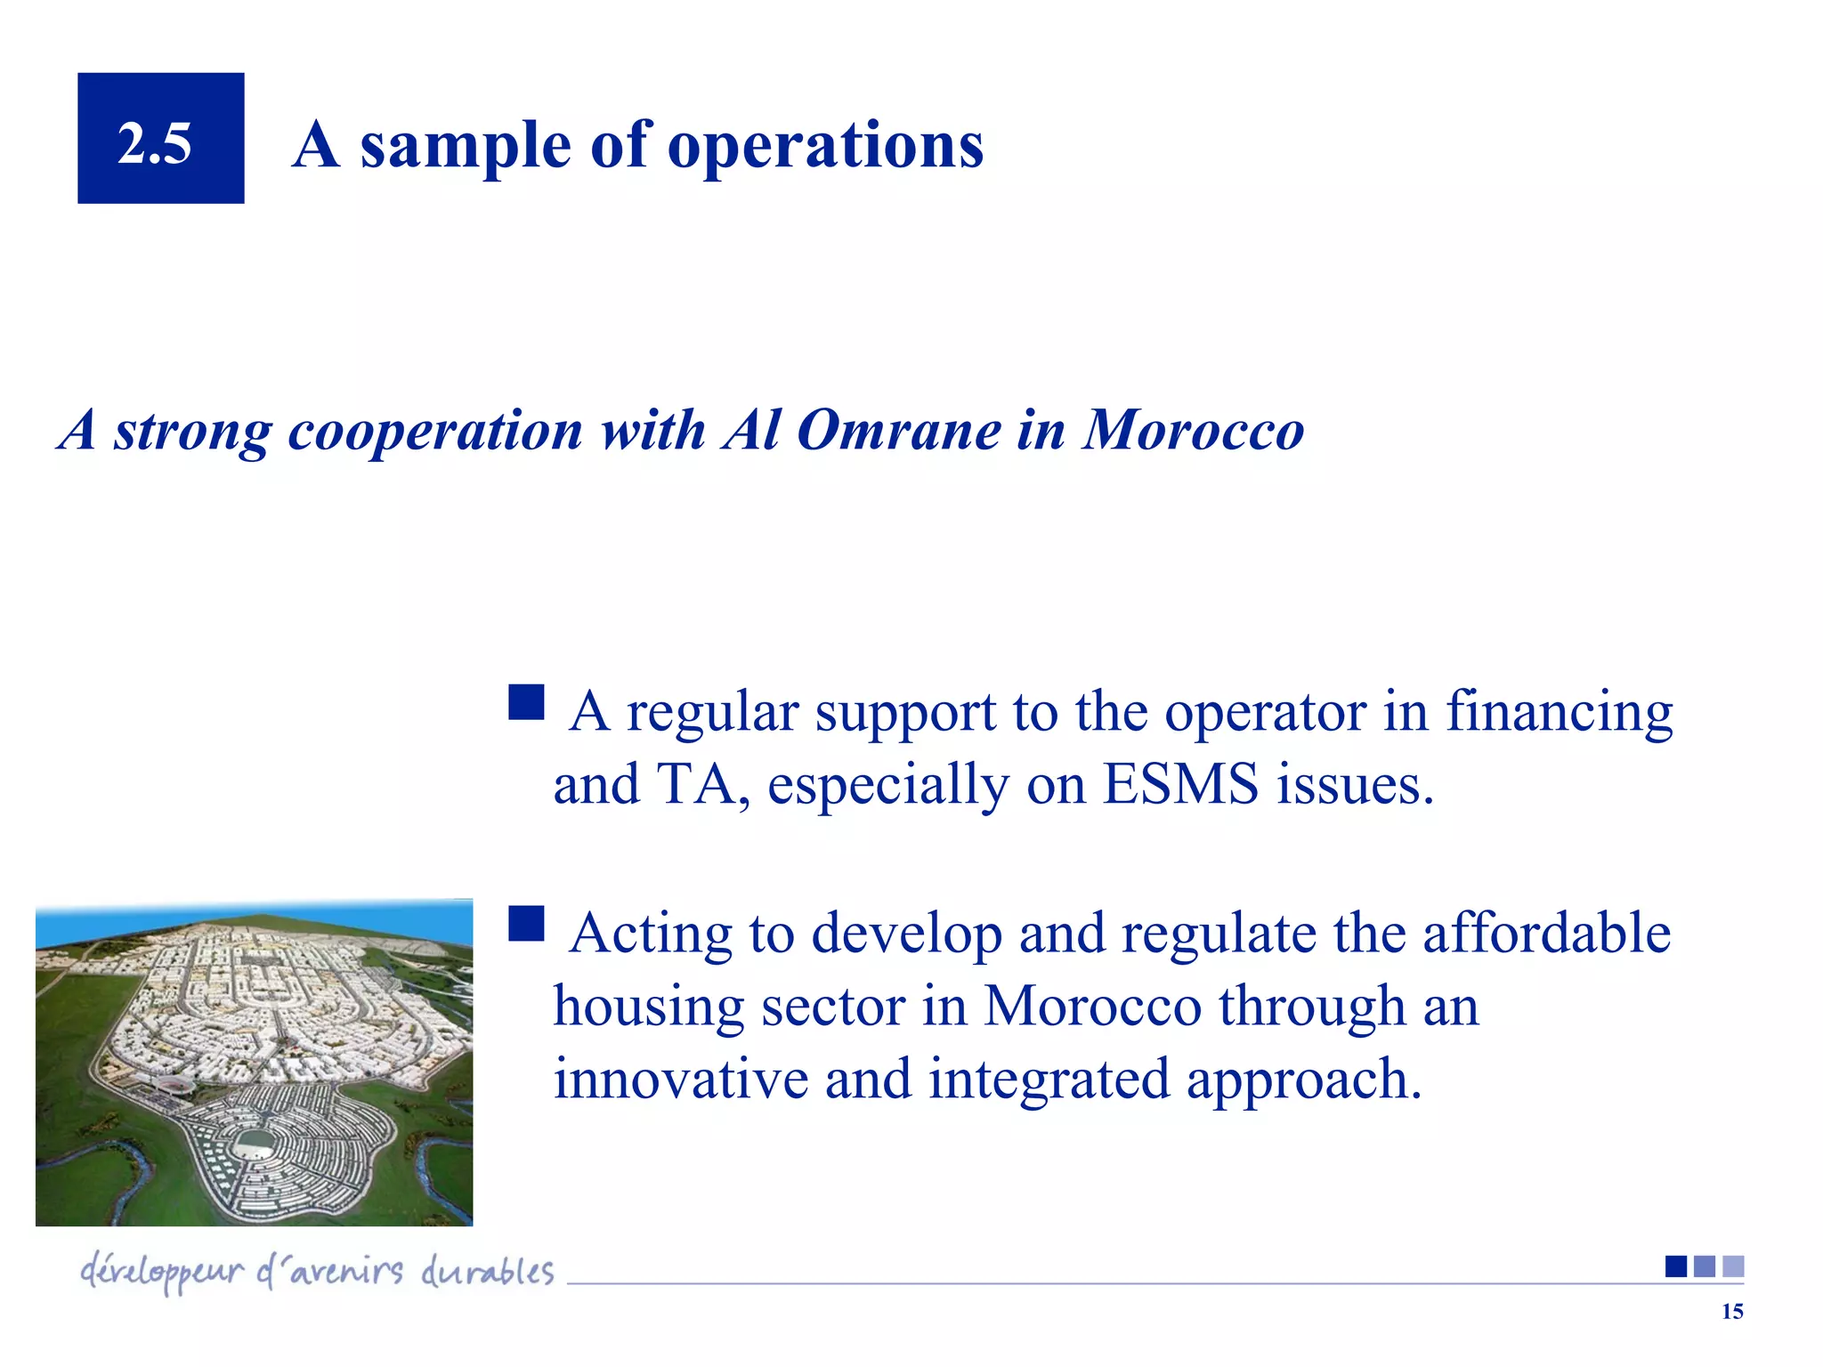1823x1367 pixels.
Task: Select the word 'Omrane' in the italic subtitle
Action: pyautogui.click(x=899, y=430)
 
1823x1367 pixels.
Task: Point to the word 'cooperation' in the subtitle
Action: pyautogui.click(x=435, y=432)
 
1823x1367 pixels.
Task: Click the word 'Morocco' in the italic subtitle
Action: pyautogui.click(x=1193, y=430)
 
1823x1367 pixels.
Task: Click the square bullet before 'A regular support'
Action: pyautogui.click(x=526, y=702)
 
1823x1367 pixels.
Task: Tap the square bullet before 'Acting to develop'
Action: pyautogui.click(x=526, y=924)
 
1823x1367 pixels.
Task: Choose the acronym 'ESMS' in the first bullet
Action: pyautogui.click(x=1180, y=784)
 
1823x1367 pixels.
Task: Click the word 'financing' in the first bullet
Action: pyautogui.click(x=1559, y=712)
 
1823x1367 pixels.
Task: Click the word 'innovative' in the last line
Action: pyautogui.click(x=681, y=1079)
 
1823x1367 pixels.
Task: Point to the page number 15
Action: pyautogui.click(x=1731, y=1312)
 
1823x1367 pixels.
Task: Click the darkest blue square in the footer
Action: pyautogui.click(x=1675, y=1266)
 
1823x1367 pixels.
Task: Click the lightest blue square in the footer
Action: pyautogui.click(x=1733, y=1266)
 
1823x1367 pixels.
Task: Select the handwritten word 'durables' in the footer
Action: pyautogui.click(x=487, y=1271)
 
